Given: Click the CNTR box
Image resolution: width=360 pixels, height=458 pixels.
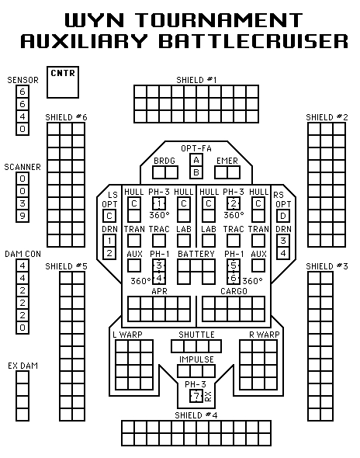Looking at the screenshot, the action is pos(63,82).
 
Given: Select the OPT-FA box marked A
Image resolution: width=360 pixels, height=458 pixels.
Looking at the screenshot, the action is pos(196,160).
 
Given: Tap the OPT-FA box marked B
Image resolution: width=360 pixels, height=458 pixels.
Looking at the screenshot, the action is pos(196,172).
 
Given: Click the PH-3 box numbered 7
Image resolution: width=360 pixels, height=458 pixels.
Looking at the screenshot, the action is pos(196,396).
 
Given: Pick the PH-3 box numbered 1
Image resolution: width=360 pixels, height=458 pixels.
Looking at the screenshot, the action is pos(159,203).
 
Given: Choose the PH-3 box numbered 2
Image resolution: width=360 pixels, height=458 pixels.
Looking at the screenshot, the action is pos(234,203).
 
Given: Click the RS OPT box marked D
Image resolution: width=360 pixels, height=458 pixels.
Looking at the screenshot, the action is pos(283,216).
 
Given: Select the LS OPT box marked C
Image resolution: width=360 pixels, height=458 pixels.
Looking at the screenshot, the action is pos(109,216).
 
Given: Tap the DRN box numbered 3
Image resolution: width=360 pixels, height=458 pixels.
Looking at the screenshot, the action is pos(283,241).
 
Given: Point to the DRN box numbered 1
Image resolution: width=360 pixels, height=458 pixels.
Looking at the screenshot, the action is pos(109,241).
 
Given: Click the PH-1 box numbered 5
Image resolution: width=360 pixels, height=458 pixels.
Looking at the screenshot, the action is pos(234,265).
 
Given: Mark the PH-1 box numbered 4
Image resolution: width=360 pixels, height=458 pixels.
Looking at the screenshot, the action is pos(159,278).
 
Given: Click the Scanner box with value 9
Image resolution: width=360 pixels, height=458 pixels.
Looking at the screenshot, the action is pos(22,216).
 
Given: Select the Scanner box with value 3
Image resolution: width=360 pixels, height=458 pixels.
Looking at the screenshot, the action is pos(22,203).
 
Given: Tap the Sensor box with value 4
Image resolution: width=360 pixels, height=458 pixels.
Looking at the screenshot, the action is pos(22,116).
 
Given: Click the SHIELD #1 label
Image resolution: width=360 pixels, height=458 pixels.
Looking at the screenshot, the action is pos(196,80).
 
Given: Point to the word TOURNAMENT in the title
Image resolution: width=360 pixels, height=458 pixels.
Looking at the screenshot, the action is pos(220,20).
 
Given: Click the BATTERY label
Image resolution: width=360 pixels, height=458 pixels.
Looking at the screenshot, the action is pos(196,254).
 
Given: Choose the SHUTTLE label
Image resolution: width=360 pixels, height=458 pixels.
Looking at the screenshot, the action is pos(196,335).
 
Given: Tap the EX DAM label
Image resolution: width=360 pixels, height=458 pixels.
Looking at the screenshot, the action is pos(22,366).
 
